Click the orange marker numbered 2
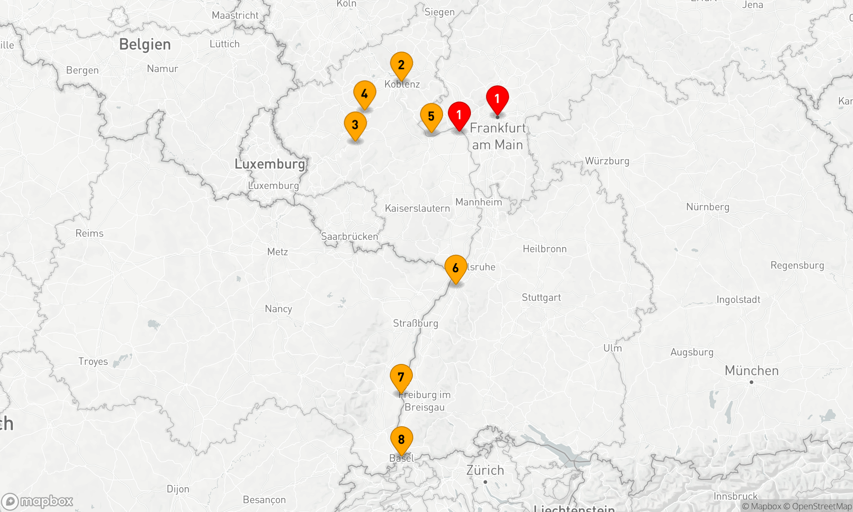[401, 65]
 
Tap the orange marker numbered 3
[355, 125]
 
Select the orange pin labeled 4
[365, 94]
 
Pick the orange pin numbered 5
[431, 116]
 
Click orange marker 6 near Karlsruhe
[456, 268]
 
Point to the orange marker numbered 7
[401, 378]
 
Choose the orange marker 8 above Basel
[401, 440]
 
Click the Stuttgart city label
[541, 297]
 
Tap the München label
[751, 371]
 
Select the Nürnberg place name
[708, 207]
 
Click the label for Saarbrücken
[349, 236]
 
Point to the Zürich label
[485, 470]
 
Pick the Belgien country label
[145, 44]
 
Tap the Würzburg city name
[607, 161]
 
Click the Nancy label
[279, 308]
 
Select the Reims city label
[90, 233]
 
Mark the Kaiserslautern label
[417, 208]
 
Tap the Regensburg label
[797, 265]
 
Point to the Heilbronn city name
[545, 249]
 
